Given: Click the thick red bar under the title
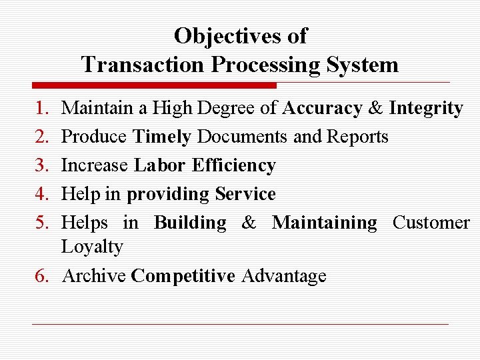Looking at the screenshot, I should point(154,85).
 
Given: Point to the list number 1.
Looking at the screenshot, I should point(42,108).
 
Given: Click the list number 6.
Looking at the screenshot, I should point(42,276).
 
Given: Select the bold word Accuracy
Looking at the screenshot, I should point(322,108).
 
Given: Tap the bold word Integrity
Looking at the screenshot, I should point(426,108).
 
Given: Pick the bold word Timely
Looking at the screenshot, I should point(162,137).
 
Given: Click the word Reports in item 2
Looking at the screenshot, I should point(357,137).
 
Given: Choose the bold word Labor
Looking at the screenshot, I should point(160,165).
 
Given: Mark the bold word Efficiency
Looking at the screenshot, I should point(233,165).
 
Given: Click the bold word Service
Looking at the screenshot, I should point(245,194).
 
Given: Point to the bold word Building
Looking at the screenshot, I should point(190,223).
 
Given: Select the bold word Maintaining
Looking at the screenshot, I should point(325,223).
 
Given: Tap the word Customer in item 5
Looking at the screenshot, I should point(431,223).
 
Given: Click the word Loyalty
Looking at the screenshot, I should point(92,247).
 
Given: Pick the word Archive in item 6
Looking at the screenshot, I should point(93,276).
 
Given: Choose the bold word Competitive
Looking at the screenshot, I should point(183,276).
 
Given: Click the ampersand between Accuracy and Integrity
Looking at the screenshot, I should point(375,108).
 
